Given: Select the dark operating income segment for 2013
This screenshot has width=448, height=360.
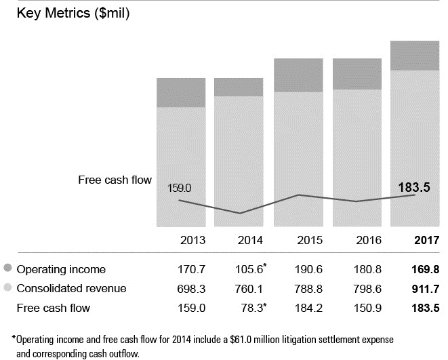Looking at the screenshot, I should [x=181, y=92].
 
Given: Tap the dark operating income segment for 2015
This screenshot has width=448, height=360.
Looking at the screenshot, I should [x=298, y=75].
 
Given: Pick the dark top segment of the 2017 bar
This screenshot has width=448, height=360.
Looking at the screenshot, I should [x=414, y=56].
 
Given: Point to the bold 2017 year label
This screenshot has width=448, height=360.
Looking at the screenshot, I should [x=427, y=240].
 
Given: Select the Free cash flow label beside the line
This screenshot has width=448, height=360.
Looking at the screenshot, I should [x=115, y=180].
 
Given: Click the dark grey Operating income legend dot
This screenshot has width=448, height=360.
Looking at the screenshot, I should [x=7, y=268].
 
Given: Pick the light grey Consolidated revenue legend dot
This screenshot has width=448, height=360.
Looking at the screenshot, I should [x=7, y=288].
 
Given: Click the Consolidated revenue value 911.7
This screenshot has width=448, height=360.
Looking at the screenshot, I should [x=425, y=289].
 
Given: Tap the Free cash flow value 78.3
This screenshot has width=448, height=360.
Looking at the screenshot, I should [x=251, y=308].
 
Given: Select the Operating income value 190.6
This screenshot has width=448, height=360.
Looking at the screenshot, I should [x=309, y=269].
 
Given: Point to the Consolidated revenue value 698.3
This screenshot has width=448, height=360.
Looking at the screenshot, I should [x=192, y=289].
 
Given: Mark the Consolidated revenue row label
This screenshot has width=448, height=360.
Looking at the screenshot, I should [x=71, y=289].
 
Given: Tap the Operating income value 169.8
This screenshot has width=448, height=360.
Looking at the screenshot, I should [x=425, y=269].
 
